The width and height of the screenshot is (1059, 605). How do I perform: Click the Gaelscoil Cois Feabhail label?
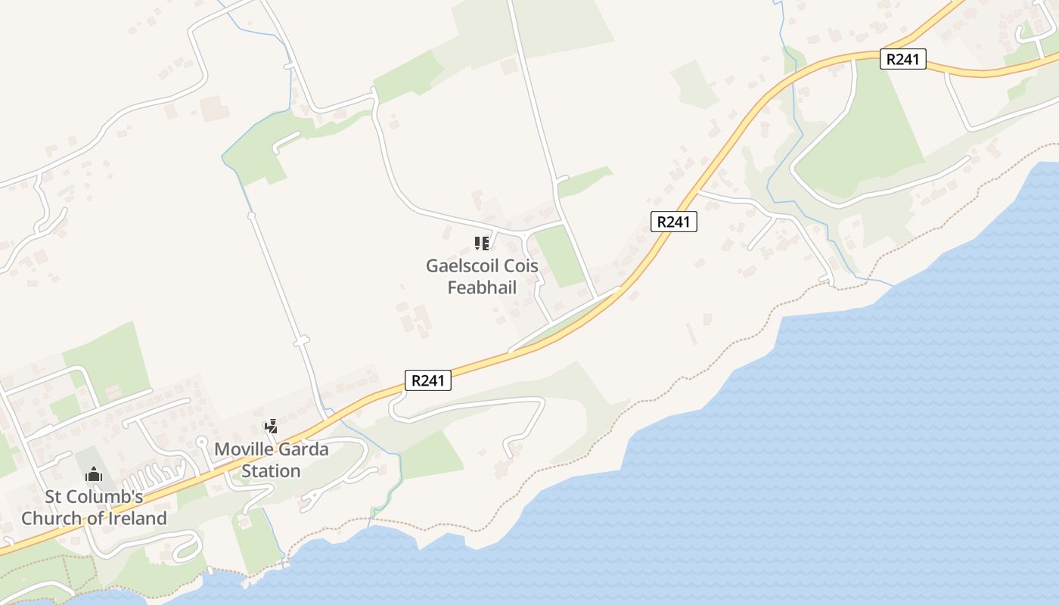(x=482, y=277)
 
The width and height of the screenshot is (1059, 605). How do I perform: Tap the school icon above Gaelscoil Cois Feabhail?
(x=481, y=243)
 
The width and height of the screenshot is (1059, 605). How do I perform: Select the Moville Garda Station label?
(x=272, y=460)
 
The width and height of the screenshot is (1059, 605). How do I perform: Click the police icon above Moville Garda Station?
(x=271, y=427)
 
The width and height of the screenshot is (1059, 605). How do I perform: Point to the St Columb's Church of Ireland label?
(x=94, y=507)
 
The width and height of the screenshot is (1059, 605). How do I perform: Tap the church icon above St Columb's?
(x=94, y=475)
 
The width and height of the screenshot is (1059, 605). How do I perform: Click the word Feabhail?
(x=482, y=287)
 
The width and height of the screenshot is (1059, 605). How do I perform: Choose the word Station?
(x=272, y=471)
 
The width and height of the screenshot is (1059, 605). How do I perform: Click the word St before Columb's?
(x=53, y=497)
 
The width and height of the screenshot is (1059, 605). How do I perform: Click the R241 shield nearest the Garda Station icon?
(x=428, y=380)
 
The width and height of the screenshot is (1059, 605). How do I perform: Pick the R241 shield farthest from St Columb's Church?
(x=903, y=59)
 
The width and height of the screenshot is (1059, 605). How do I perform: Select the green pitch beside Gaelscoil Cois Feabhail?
(x=560, y=256)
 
